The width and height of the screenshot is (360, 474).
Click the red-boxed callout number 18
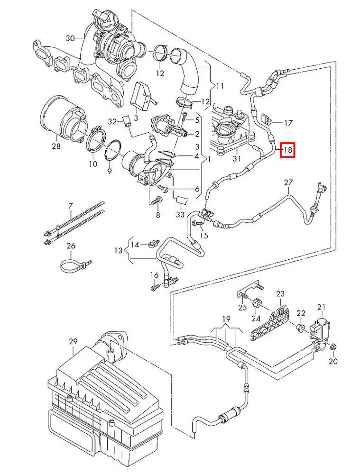pos(287,151)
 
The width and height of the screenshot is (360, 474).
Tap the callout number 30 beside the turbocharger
pos(70,37)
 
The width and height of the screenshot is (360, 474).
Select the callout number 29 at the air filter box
pos(73,341)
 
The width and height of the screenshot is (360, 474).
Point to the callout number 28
pos(56,146)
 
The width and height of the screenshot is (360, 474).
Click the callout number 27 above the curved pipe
pos(288,182)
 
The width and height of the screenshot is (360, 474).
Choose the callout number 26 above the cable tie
pos(71,246)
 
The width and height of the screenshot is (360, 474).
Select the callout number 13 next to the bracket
pos(118,250)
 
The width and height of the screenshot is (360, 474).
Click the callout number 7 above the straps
pos(71,206)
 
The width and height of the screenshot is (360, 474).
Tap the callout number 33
pos(181,215)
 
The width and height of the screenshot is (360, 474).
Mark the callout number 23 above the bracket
pos(280,294)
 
